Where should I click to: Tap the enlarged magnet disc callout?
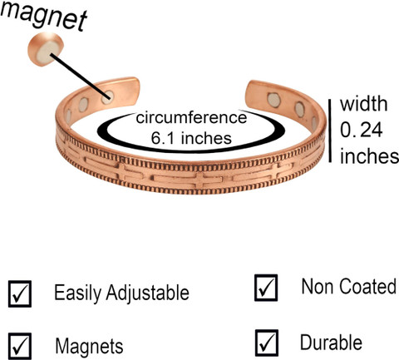point(46,49)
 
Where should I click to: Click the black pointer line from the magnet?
point(80,76)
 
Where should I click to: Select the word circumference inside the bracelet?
point(191,117)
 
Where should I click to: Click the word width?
point(363,103)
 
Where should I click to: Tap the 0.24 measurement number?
point(362,130)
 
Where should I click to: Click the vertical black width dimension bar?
point(330,131)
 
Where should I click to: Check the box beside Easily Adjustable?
point(20,293)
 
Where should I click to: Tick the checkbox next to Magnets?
point(20,346)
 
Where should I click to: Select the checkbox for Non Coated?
point(266,288)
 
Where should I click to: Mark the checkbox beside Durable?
point(267,343)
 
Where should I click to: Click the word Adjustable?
point(147,293)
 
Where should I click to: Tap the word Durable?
point(331,343)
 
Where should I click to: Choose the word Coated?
point(368,286)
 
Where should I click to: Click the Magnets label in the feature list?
point(89,346)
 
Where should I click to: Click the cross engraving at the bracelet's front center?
point(204,178)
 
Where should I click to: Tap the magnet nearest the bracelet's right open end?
point(273,100)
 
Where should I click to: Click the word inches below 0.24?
point(369,155)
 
